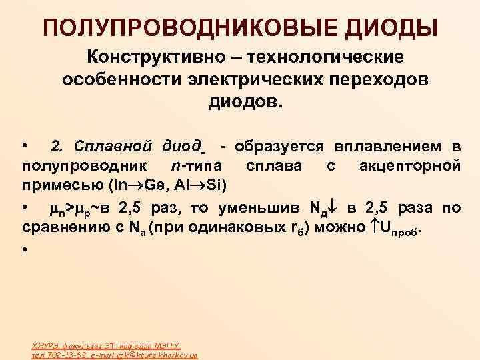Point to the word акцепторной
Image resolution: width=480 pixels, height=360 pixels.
point(411,164)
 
